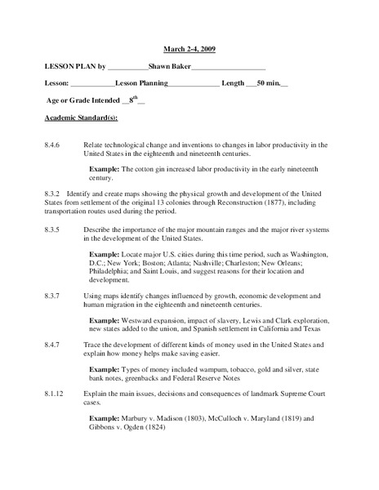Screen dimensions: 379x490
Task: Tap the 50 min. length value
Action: point(267,83)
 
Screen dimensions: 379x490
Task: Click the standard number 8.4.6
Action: point(55,145)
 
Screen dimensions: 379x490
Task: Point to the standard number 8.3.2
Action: point(55,194)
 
